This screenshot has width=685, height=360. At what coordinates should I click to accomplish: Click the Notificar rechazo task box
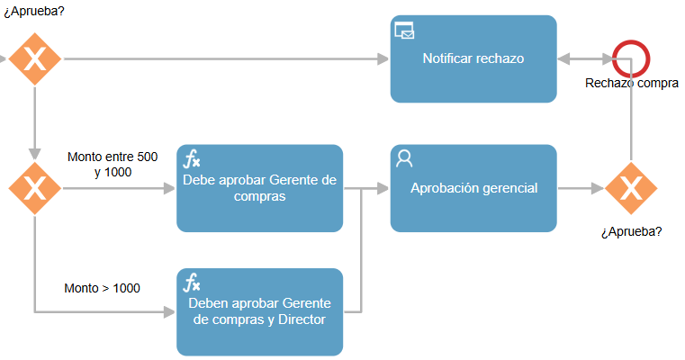[473, 59]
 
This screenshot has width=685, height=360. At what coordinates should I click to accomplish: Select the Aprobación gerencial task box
[473, 188]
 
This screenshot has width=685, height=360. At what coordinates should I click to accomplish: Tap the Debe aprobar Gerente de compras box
[259, 188]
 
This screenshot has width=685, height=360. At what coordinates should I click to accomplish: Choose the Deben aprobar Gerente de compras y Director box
[259, 312]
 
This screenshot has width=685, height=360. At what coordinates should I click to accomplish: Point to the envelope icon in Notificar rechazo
[404, 31]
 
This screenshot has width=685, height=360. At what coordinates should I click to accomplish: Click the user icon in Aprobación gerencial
[404, 158]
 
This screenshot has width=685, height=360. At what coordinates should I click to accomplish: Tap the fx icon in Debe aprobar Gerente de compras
[192, 158]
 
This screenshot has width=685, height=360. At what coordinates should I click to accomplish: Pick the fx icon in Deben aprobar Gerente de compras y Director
[192, 283]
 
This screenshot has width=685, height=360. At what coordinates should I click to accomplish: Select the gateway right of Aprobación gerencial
[631, 188]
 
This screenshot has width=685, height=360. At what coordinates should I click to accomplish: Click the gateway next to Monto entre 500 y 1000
[35, 188]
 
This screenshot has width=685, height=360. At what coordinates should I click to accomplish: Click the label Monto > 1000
[103, 288]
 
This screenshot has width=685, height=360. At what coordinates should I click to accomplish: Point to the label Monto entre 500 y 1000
[113, 165]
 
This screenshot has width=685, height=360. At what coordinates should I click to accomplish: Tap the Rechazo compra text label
[632, 83]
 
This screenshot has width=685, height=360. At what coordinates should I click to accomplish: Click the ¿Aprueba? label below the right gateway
[632, 231]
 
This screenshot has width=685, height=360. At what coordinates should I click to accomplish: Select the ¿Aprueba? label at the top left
[34, 12]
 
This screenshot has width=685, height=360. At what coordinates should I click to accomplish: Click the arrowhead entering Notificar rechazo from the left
[383, 59]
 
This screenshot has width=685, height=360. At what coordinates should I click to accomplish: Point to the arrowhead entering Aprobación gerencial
[383, 188]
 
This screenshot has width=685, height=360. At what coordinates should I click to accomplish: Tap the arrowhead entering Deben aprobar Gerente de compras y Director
[169, 312]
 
